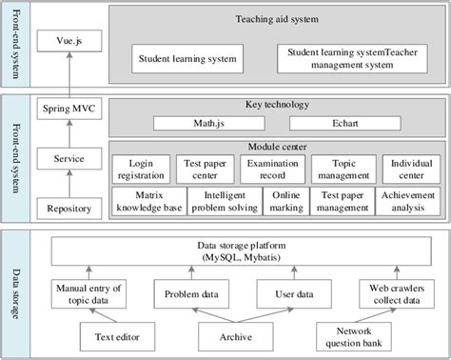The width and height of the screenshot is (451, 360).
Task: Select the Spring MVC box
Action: coord(66,110)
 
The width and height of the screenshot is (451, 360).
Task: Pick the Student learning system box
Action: coord(186,58)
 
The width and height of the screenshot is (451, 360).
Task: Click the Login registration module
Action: coord(140,170)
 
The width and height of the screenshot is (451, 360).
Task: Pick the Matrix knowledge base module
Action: coord(140,202)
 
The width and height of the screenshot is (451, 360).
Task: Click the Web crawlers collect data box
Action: coord(392,295)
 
